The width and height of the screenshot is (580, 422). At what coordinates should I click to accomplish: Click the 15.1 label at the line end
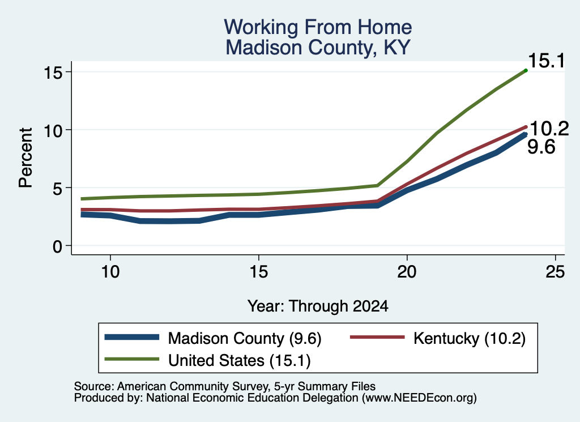[547, 61]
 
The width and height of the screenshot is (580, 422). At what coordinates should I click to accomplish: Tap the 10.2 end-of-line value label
[549, 129]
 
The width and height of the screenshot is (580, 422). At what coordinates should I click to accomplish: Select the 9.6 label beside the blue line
[541, 147]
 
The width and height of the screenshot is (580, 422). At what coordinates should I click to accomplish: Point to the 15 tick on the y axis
[52, 73]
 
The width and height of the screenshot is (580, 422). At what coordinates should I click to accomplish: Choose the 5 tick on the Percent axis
[57, 189]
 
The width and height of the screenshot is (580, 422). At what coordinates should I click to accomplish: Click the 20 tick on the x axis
[407, 272]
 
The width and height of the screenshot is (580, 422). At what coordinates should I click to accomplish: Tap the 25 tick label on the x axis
[555, 272]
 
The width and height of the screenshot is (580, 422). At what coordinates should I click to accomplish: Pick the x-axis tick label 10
[110, 272]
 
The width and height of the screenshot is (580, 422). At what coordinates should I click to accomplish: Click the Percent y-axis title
[25, 157]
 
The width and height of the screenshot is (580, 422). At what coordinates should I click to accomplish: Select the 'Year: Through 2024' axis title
[318, 306]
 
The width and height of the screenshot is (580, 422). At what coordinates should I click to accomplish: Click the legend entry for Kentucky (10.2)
[470, 338]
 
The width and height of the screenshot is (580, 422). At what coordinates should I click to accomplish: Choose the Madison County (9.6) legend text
[245, 338]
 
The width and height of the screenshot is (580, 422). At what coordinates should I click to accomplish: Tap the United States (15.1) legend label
[240, 360]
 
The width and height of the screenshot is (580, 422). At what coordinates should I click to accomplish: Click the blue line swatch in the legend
[132, 337]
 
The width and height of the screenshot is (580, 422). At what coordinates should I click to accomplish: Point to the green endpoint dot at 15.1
[526, 70]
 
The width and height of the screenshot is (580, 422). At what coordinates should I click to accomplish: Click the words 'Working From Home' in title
[318, 27]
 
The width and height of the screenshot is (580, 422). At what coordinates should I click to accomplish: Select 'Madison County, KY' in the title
[318, 48]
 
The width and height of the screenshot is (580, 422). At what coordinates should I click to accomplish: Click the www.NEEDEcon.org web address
[419, 398]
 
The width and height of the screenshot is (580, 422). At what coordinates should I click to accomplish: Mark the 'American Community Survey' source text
[193, 386]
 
